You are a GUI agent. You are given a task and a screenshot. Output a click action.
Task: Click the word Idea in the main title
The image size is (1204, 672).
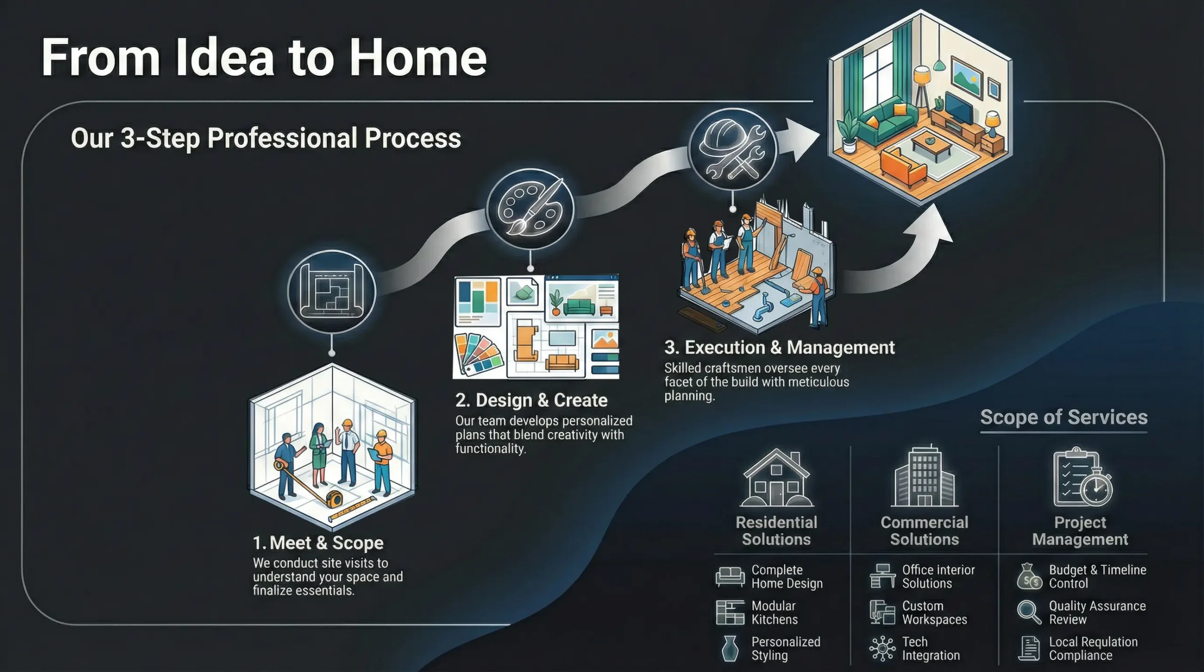[225, 57]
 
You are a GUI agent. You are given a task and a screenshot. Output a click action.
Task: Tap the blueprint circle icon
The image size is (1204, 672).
[332, 292]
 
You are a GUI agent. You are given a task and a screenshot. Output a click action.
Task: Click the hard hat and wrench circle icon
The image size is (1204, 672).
[732, 150]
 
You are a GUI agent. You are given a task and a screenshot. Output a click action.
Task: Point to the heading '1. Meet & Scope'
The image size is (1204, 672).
[318, 543]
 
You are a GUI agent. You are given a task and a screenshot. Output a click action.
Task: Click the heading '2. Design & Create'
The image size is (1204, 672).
[531, 400]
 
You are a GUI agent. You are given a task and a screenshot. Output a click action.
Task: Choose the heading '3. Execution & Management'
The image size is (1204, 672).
[779, 348]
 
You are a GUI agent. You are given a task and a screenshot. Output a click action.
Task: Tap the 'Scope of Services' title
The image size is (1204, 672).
[1064, 417]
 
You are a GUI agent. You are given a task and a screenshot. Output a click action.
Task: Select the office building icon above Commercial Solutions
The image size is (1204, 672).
[925, 475]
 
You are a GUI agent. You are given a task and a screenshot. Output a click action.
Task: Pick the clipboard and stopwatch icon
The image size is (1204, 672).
[1082, 477]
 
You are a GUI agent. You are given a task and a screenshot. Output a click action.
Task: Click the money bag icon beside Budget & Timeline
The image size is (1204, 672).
[1029, 577]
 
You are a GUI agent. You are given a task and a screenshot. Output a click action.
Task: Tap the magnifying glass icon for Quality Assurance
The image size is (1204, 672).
[1029, 612]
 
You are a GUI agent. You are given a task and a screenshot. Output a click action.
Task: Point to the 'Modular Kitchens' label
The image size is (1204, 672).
[774, 613]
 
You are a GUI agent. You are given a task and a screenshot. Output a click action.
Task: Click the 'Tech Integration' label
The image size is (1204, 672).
[931, 648]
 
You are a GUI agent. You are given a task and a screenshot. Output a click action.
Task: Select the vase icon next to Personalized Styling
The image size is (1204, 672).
[729, 648]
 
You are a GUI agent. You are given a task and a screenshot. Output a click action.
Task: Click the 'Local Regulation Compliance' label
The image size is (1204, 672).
[1093, 648]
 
